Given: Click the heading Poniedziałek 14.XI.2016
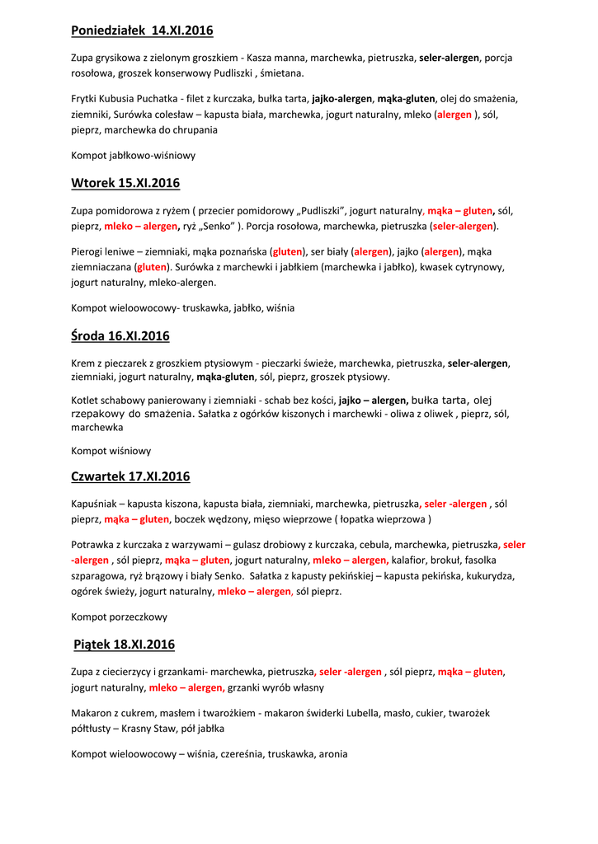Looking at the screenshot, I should coord(142,30).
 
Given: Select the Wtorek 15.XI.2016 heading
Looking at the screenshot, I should coord(125,183).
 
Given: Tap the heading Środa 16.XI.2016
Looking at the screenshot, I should coord(120,335).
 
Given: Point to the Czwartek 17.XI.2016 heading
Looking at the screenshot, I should coord(130,476).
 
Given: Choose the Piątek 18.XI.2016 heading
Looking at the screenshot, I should coord(124,645).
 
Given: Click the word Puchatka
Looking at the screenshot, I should coord(159,99).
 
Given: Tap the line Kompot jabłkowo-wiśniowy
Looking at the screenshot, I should coord(134,155).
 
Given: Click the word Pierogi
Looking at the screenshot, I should coord(89,251).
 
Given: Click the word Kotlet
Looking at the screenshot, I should coord(87,401).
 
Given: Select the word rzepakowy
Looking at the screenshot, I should coord(98,414).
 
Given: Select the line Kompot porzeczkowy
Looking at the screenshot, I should coord(120,617).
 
